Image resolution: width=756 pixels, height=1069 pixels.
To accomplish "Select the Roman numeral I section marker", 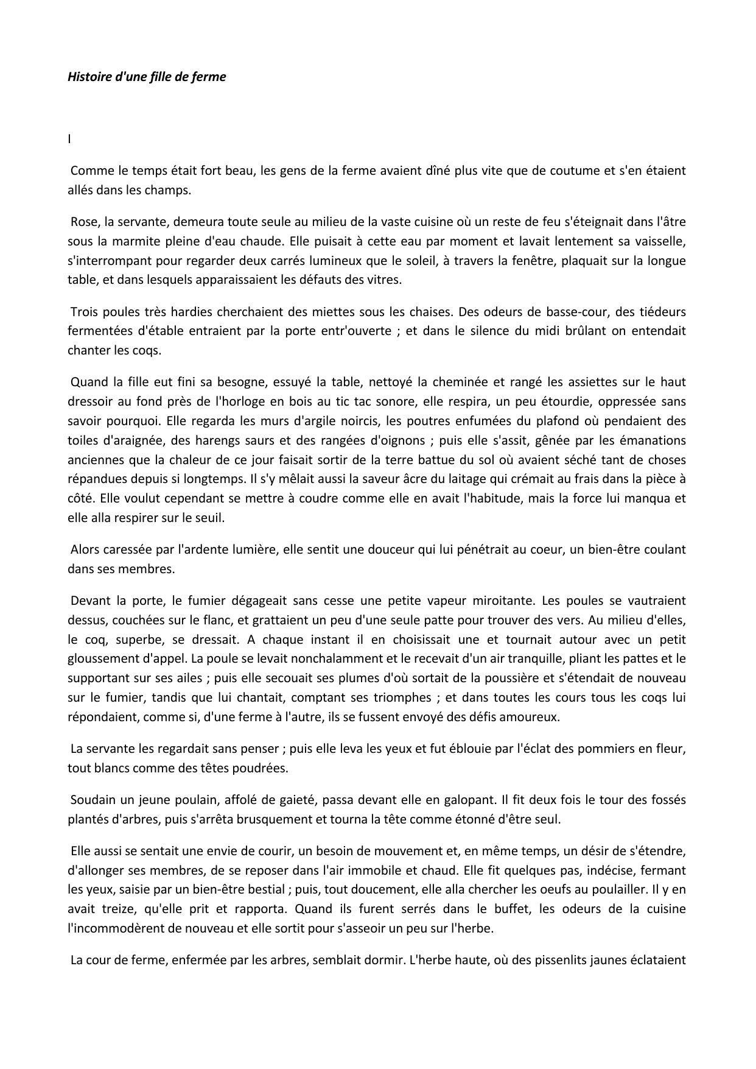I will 69,139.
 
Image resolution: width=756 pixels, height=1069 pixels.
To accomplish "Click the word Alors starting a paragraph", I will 85,549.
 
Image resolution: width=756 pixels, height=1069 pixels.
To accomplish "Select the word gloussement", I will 100,658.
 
